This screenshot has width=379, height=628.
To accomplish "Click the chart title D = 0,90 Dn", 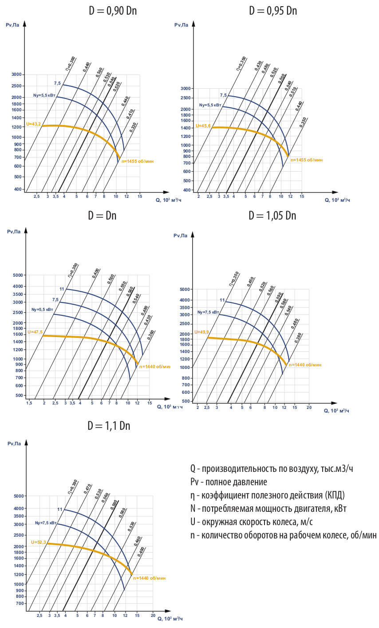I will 113,11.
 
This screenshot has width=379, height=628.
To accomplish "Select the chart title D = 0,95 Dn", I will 272,11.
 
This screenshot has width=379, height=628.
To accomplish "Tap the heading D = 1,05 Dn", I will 272,216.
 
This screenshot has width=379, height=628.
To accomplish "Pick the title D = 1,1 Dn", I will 109,426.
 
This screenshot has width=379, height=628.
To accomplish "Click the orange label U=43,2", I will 33,124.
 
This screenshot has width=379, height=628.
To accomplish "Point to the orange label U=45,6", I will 203,126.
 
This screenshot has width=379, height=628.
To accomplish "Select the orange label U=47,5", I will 35,332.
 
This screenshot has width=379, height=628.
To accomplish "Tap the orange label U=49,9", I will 201,332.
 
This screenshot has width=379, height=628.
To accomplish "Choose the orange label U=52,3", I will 39,542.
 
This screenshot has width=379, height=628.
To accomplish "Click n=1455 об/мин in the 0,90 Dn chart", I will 137,161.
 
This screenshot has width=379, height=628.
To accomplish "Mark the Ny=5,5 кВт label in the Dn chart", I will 42,310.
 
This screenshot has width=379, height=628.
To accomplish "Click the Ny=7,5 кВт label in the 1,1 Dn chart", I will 46,523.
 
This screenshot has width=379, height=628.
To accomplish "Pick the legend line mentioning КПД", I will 267,495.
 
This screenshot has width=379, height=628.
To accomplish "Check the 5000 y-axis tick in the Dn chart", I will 18,275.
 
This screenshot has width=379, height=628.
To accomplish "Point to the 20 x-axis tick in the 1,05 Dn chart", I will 309,407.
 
